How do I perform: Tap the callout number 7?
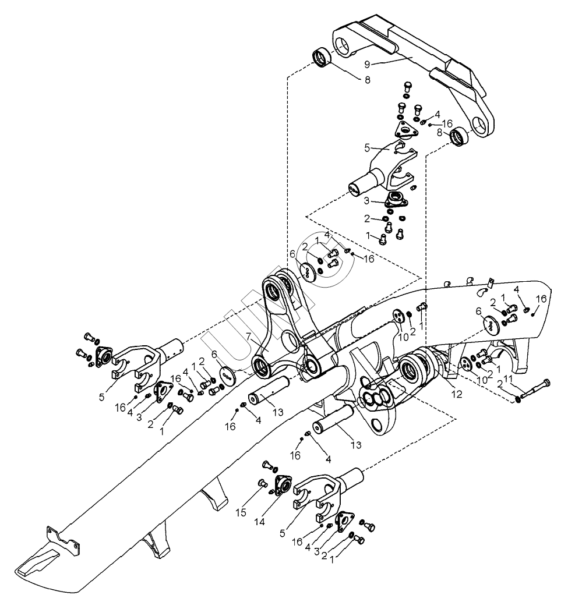[x=248, y=336]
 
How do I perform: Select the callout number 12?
[x=457, y=395]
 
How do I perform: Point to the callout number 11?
[x=508, y=379]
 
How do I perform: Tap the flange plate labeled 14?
[x=284, y=484]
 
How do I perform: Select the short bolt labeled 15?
[x=262, y=482]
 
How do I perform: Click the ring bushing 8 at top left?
[x=320, y=58]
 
